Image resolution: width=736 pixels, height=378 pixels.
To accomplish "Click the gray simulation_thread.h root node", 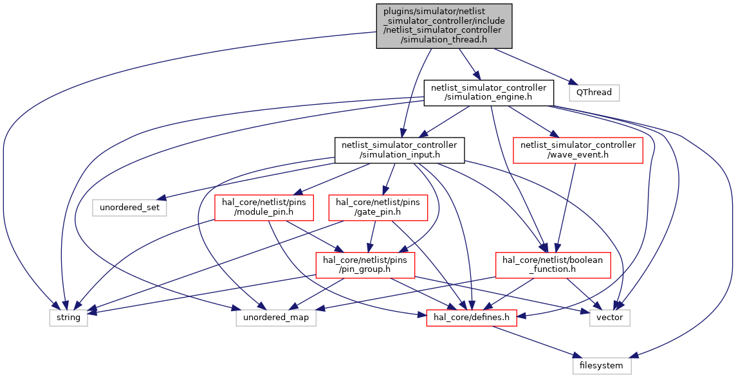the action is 444,26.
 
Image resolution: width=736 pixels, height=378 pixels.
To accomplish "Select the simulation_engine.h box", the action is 489,93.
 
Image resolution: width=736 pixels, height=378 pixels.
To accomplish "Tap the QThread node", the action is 594,93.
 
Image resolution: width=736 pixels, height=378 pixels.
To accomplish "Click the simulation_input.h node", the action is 400,150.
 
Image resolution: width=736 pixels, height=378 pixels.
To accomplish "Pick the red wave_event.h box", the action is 578,150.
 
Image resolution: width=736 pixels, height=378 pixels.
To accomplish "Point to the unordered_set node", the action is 129,208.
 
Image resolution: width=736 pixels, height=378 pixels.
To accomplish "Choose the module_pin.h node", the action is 264,208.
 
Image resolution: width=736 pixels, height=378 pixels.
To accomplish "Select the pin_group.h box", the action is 365,265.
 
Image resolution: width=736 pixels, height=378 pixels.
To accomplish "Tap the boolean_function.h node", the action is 553,265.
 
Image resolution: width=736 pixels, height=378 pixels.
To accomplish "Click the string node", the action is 69,318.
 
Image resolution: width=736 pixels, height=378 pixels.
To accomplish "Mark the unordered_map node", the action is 276,318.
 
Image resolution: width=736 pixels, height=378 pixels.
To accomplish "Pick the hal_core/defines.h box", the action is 472,318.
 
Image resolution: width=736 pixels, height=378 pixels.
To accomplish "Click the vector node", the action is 610,318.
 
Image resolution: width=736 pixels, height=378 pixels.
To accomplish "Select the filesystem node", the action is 602,365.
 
